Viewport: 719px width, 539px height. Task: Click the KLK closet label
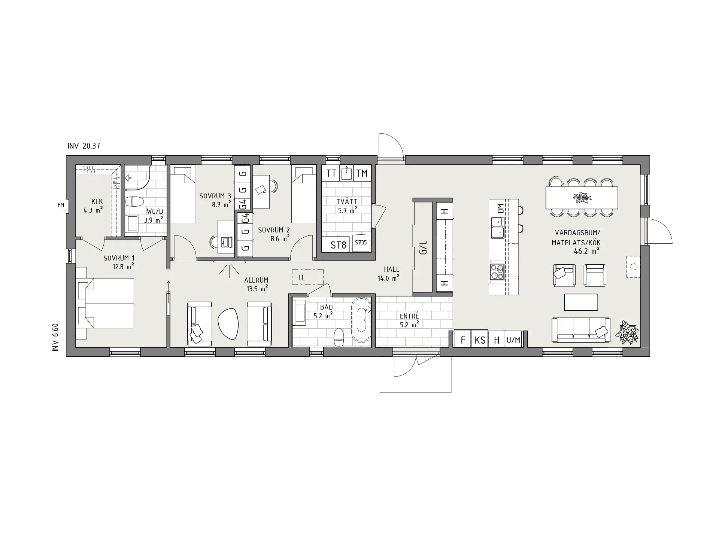pos(97,202)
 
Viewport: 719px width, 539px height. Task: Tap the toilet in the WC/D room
pos(134,202)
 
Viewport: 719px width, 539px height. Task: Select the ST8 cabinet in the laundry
pos(339,245)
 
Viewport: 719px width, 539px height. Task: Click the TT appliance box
pos(331,173)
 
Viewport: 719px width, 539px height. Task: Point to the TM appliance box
pos(362,173)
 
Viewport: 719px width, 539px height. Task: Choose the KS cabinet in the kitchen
pos(480,340)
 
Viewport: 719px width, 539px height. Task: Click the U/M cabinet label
pos(513,340)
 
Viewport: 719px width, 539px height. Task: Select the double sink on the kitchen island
pos(498,227)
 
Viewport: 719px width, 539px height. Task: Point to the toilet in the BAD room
pos(339,337)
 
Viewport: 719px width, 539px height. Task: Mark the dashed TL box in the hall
pos(307,277)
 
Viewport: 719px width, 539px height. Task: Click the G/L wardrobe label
pos(423,247)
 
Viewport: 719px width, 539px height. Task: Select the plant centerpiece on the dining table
pos(582,197)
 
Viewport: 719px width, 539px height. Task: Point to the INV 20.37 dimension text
pos(84,146)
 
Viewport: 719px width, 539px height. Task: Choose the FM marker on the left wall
pos(61,205)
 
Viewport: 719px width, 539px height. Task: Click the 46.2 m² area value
pos(586,251)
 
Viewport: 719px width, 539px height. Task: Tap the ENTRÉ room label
pos(409,316)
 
